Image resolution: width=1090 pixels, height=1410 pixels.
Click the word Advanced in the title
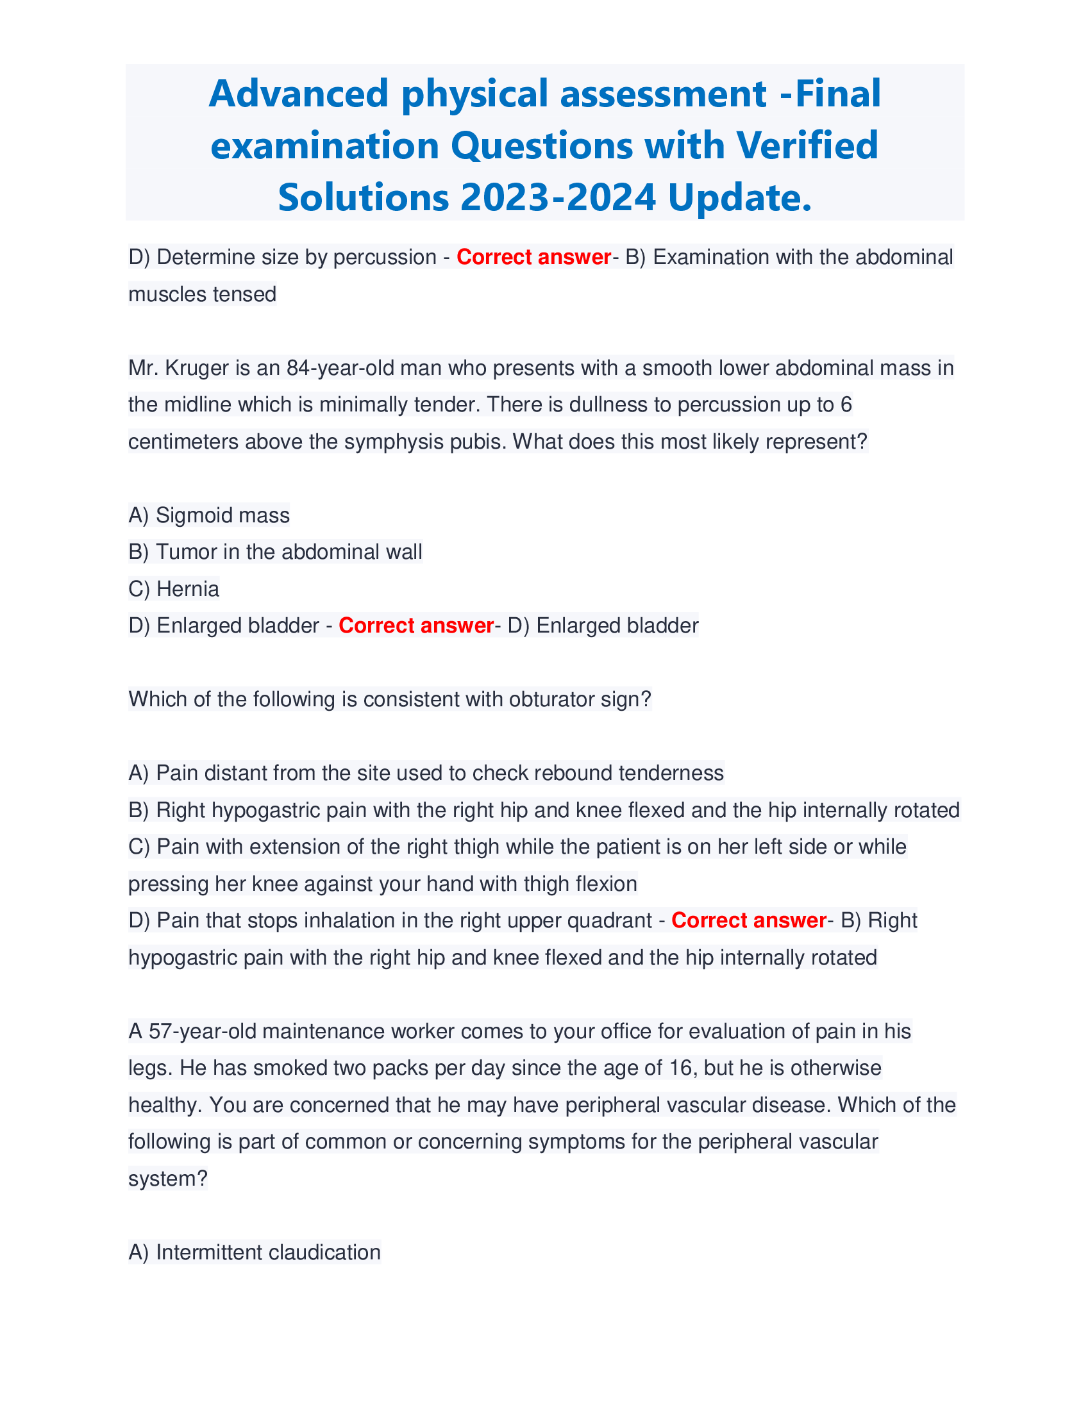click(298, 94)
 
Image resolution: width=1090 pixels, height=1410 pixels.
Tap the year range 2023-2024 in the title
click(558, 197)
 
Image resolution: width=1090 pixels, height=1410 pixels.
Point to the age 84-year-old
click(340, 368)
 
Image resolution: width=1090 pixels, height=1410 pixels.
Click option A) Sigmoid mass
click(209, 515)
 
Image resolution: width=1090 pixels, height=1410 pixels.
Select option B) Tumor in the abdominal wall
click(276, 552)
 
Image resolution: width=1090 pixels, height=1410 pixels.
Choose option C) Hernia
click(174, 589)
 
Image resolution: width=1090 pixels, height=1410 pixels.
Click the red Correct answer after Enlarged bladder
click(416, 626)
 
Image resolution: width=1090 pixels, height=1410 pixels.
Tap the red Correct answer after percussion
click(533, 257)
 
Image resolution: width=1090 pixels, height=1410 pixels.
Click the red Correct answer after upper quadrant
click(748, 920)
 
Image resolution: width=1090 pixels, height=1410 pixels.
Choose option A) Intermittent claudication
click(255, 1252)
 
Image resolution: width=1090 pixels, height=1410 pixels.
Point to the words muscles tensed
click(202, 294)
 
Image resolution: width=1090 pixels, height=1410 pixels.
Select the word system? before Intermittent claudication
click(168, 1179)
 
